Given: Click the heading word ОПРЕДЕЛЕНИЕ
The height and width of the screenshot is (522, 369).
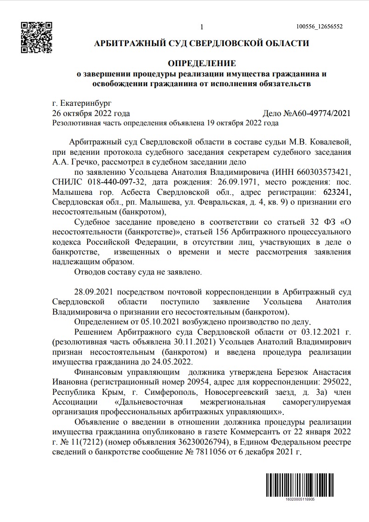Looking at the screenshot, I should point(202,63).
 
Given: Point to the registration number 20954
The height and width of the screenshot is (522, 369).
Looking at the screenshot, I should point(182,382).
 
